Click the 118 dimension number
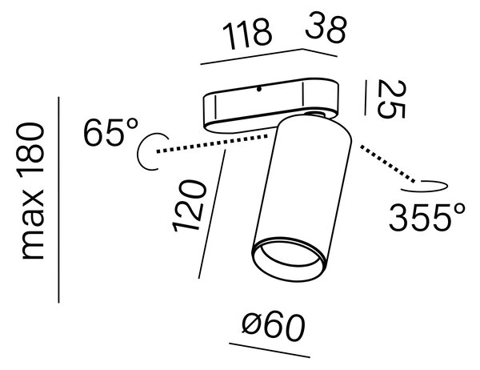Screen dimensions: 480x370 point(247,34)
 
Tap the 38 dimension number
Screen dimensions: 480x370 point(326,27)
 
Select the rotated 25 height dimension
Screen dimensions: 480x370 point(391,99)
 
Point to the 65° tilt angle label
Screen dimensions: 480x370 point(111,132)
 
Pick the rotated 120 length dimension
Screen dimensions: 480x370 point(189,205)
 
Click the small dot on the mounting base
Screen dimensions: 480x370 point(259,90)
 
